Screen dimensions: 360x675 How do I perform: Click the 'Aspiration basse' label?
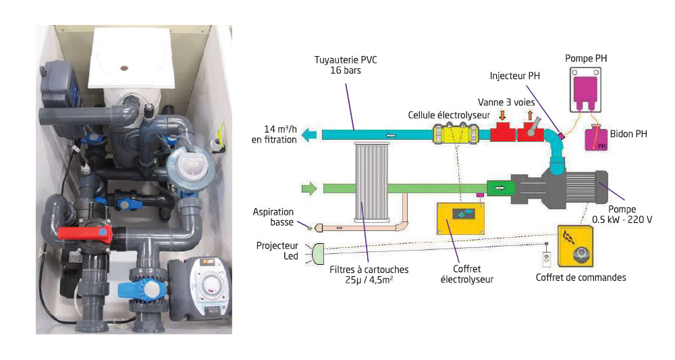273,217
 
